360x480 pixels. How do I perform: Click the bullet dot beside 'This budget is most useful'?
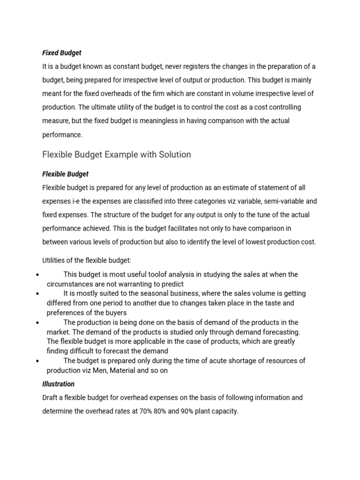pos(37,275)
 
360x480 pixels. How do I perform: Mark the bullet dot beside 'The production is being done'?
pos(37,323)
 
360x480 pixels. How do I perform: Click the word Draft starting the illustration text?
pos(51,397)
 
